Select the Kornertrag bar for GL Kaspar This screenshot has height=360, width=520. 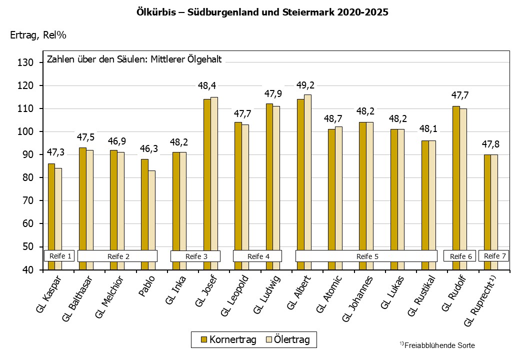(x=51, y=210)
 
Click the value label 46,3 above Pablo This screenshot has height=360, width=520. (x=148, y=148)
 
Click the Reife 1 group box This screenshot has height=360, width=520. (x=59, y=256)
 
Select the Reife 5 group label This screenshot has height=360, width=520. (x=366, y=256)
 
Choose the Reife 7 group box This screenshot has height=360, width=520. (x=494, y=256)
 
